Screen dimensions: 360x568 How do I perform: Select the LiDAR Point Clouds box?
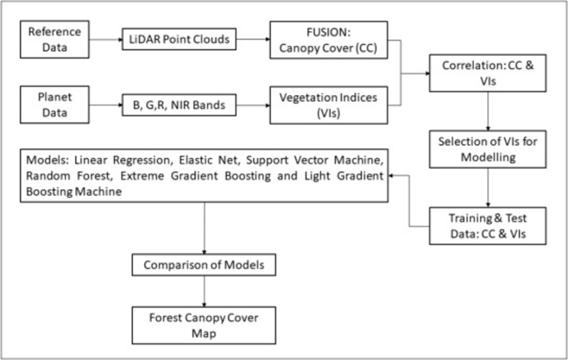(180, 40)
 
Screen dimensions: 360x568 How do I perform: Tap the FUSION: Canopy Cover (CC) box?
(328, 39)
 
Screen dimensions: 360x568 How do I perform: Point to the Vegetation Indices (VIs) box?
(328, 105)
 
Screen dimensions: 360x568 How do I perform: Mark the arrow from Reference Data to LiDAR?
(104, 40)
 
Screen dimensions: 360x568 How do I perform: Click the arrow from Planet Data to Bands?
(104, 105)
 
